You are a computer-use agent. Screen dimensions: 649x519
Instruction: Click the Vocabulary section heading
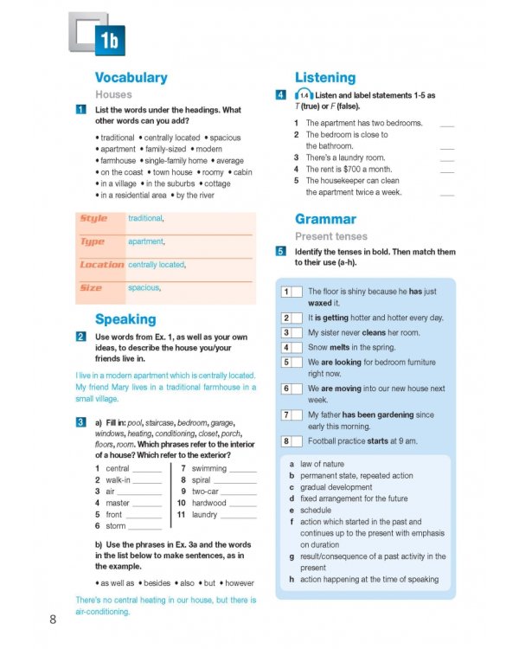tap(131, 77)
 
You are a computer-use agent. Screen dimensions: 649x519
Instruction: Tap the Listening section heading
tap(325, 77)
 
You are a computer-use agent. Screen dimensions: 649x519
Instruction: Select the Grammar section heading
tap(325, 219)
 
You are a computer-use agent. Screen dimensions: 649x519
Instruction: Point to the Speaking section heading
tap(125, 318)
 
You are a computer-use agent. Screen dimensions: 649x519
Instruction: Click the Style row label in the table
tap(93, 219)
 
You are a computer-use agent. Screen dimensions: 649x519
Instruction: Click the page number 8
tap(54, 619)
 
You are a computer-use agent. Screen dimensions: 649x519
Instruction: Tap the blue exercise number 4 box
tap(281, 94)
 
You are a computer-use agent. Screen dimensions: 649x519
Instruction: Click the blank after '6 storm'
tap(144, 526)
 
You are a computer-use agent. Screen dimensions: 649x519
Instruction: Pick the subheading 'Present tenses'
tap(331, 236)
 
